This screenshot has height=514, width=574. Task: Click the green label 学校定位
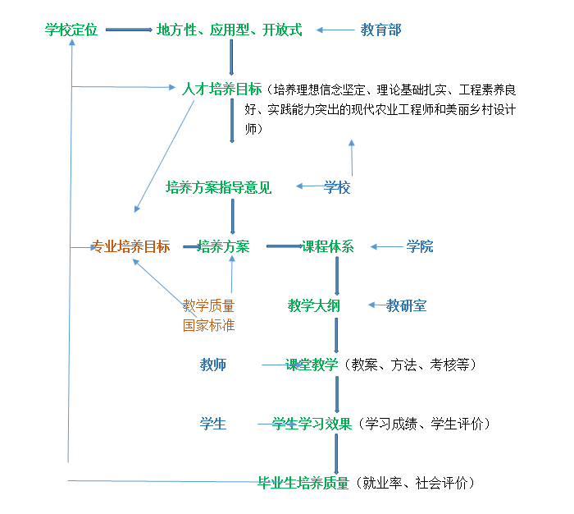click(71, 30)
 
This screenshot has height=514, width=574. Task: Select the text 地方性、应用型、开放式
click(229, 30)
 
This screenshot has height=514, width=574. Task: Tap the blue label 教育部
click(380, 30)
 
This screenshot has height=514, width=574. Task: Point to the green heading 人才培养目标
click(221, 89)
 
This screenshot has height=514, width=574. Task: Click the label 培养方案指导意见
click(218, 187)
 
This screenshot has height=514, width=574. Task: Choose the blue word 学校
click(337, 187)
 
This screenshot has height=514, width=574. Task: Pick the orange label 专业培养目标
click(130, 246)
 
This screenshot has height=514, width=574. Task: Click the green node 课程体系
click(328, 246)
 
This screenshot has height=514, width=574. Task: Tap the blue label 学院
click(420, 246)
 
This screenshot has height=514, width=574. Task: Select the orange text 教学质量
click(208, 305)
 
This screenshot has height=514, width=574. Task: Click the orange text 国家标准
click(208, 324)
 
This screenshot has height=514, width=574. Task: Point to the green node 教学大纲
click(313, 305)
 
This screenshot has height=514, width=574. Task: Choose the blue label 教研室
click(407, 305)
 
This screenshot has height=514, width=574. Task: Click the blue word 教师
click(213, 365)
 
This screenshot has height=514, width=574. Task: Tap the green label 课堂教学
click(312, 365)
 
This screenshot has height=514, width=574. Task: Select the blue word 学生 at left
click(213, 424)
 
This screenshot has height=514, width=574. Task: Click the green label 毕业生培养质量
click(303, 483)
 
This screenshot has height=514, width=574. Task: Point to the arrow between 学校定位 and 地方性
click(128, 30)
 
